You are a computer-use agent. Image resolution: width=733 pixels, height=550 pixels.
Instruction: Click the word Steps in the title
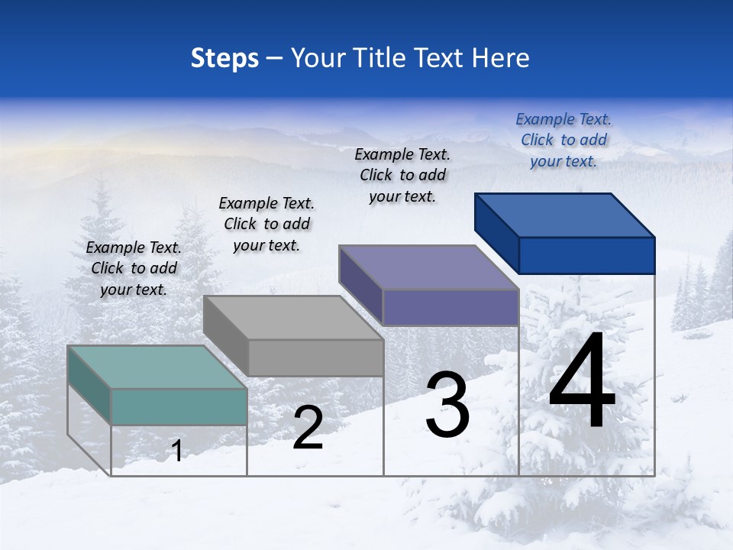(224, 58)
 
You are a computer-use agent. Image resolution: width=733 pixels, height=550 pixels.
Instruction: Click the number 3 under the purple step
(447, 405)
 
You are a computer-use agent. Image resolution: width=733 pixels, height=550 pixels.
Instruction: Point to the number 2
(308, 428)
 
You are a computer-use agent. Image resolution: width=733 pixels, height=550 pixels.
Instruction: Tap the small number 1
(177, 451)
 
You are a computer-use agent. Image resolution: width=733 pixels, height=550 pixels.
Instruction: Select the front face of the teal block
(179, 406)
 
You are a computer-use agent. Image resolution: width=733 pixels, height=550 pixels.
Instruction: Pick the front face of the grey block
(315, 357)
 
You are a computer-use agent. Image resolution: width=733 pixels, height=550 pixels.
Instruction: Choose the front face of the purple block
(450, 307)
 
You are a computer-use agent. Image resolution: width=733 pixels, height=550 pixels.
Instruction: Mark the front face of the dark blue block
(586, 255)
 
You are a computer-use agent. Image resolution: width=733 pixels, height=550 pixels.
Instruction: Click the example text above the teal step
(134, 268)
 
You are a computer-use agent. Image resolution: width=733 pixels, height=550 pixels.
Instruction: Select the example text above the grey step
(266, 224)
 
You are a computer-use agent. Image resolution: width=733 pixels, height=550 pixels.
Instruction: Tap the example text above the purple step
(402, 175)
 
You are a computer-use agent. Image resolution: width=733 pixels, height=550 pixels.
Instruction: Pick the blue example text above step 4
(563, 140)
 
